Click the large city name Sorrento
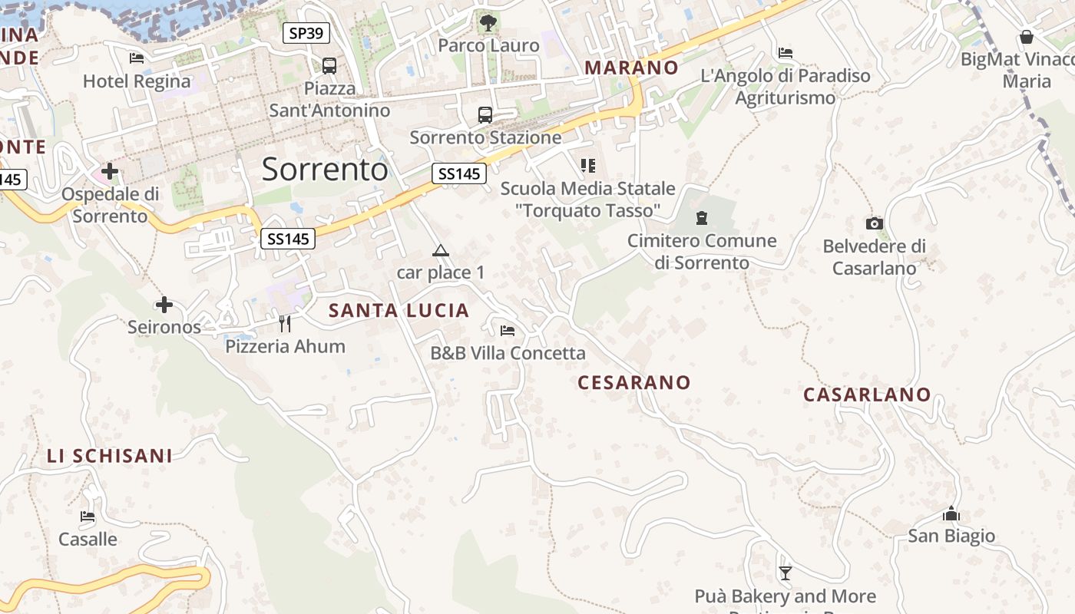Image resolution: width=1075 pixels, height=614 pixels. (x=325, y=169)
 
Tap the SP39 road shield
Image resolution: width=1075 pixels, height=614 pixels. (x=306, y=33)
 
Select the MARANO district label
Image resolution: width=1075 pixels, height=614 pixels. (x=631, y=68)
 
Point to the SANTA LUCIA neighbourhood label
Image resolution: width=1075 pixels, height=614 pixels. (x=399, y=310)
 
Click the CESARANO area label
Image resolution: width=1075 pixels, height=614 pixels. (x=633, y=382)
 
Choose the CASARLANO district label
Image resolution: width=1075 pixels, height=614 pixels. (x=867, y=394)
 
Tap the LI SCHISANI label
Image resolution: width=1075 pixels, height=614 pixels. (x=110, y=456)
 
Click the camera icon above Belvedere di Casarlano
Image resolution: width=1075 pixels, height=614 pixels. (x=874, y=224)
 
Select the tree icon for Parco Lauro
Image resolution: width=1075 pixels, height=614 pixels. (x=488, y=23)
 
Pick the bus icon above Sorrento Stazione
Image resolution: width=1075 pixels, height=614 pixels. (x=485, y=115)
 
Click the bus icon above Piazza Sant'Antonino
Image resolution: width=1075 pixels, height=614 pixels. (x=329, y=66)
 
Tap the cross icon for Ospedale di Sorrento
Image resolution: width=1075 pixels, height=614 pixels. (x=110, y=170)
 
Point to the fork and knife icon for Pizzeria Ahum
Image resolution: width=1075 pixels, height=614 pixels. (x=285, y=324)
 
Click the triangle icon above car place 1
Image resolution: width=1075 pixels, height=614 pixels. (x=440, y=250)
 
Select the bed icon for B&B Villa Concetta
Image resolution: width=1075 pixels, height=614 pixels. (x=508, y=331)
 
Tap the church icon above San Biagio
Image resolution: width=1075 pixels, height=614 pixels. (x=951, y=513)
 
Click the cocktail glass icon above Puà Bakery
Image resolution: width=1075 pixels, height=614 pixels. (x=785, y=573)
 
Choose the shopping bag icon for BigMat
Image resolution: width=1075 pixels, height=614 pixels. (x=1027, y=37)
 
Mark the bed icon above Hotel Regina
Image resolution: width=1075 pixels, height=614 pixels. (x=137, y=58)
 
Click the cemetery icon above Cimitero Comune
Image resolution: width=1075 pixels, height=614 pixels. (x=702, y=218)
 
